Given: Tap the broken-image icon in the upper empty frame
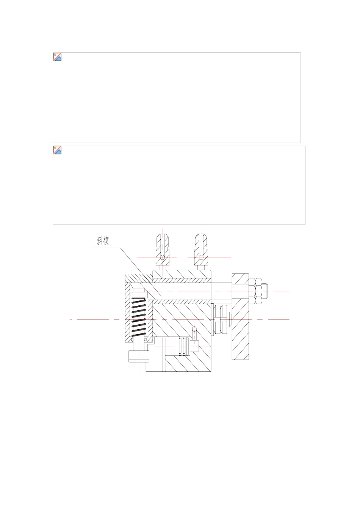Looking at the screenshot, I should tap(57, 57).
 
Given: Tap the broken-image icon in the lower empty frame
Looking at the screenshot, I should tap(57, 150).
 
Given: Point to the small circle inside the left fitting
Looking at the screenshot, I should tap(162, 258).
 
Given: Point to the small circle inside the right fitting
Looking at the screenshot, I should tap(201, 258).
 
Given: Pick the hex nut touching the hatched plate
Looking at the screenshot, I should tap(252, 291).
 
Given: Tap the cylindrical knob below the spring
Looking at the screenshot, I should tap(139, 357).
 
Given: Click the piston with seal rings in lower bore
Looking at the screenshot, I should tap(184, 346).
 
